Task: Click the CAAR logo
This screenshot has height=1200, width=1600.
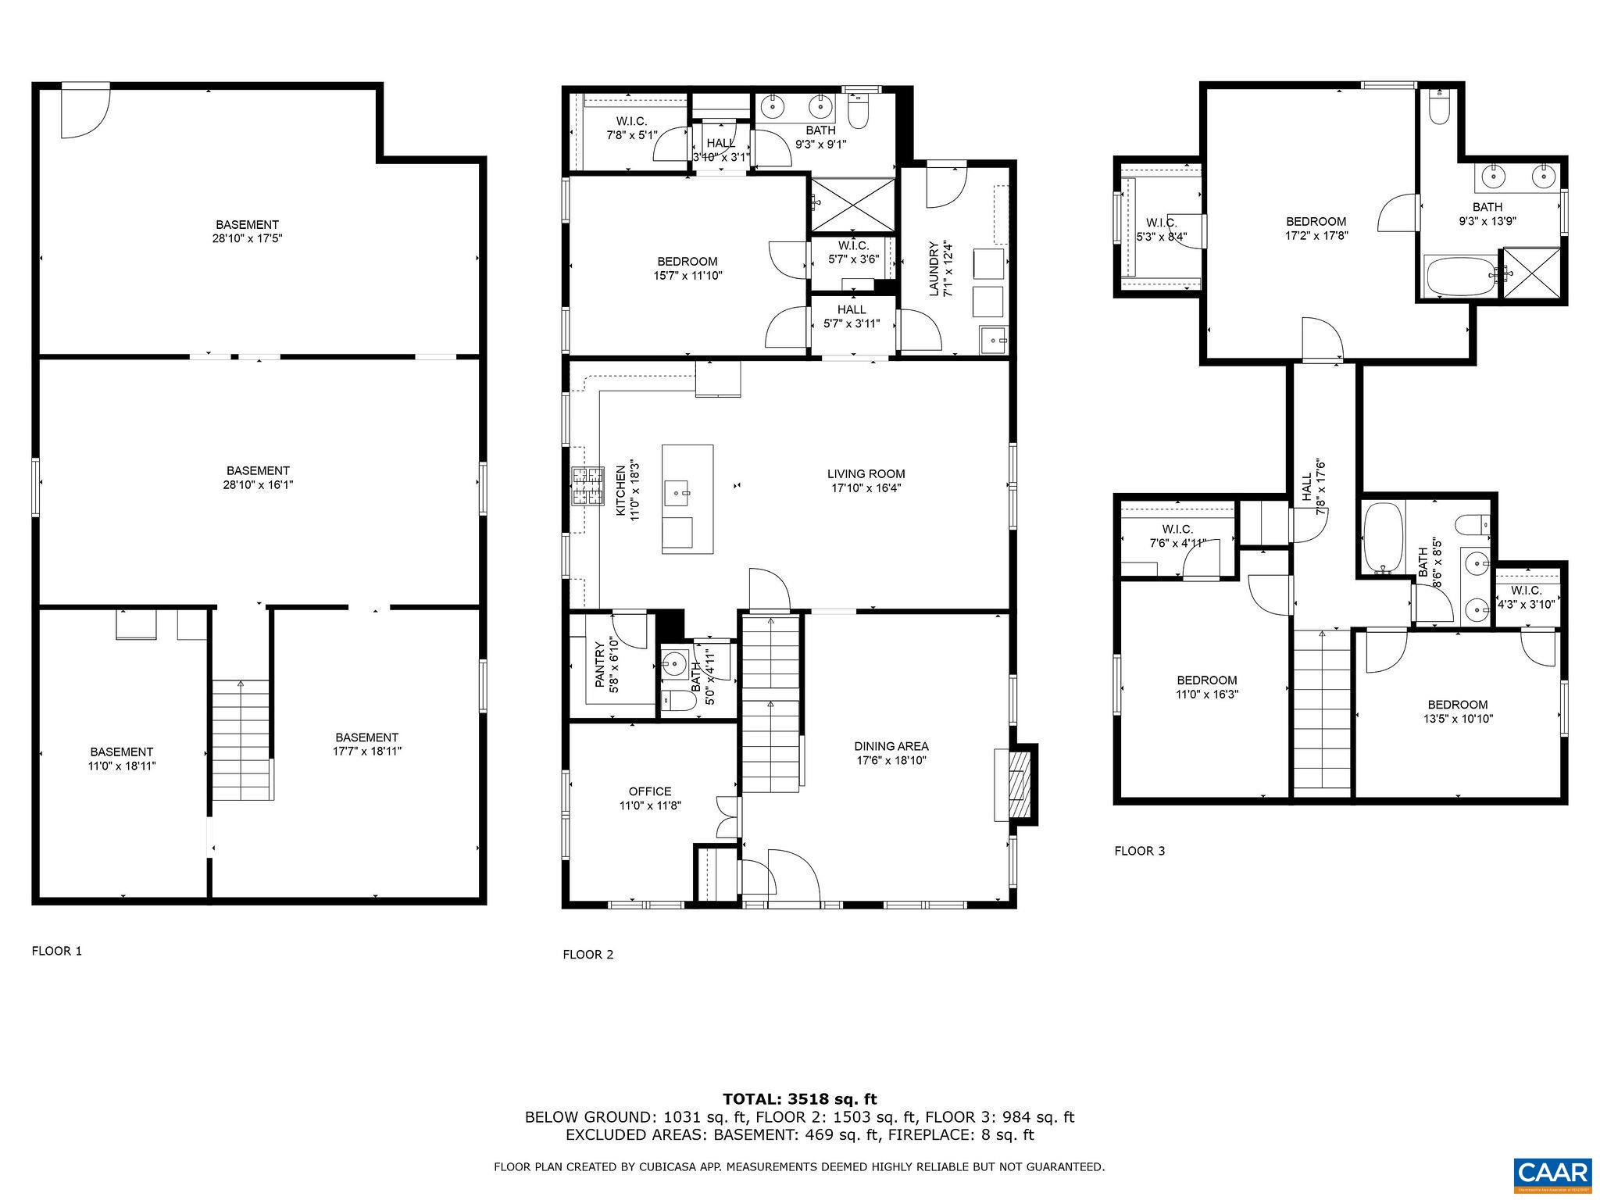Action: [1552, 1174]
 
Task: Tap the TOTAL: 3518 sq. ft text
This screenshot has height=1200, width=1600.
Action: [799, 1099]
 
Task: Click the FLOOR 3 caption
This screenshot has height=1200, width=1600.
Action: [1139, 851]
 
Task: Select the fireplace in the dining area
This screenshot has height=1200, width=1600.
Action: [1018, 785]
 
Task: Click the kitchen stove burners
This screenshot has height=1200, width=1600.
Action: [587, 486]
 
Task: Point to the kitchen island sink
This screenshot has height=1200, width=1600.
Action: [677, 494]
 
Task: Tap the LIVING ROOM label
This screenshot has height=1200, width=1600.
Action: [866, 473]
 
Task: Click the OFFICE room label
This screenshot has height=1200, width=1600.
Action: [650, 791]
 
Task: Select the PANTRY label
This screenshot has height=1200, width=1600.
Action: [599, 665]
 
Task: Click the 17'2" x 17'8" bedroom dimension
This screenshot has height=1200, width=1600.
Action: [1316, 235]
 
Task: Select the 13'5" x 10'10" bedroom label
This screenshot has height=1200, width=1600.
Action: [1458, 719]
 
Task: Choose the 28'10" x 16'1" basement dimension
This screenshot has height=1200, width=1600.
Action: [258, 484]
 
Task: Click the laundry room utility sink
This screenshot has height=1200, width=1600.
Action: [993, 341]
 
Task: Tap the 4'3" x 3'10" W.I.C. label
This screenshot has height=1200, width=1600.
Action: [1527, 604]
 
